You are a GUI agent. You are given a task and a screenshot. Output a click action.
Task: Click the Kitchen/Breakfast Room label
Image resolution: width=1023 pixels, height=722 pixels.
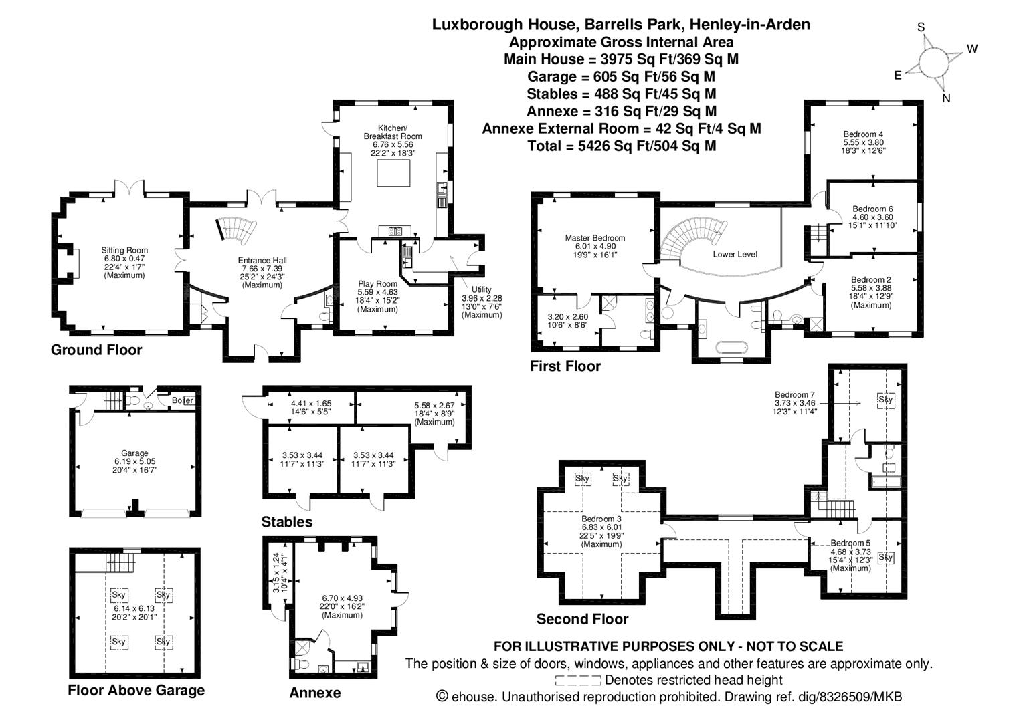click(x=393, y=132)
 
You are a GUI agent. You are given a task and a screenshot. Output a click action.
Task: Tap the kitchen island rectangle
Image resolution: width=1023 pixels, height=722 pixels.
click(x=393, y=173)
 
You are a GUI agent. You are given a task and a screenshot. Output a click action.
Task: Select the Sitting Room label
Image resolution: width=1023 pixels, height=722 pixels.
click(x=124, y=250)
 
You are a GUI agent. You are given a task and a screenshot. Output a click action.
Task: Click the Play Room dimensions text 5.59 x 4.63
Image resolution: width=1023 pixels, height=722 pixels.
click(x=378, y=292)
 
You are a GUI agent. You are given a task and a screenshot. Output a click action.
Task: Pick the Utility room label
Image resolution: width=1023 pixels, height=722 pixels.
click(x=481, y=289)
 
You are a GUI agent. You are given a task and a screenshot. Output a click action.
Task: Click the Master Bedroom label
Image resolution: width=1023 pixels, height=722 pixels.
click(x=595, y=238)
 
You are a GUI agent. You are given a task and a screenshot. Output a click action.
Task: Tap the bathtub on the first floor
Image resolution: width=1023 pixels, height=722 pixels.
click(x=732, y=348)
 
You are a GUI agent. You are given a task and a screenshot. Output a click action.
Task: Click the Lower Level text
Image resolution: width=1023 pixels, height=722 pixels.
click(x=735, y=254)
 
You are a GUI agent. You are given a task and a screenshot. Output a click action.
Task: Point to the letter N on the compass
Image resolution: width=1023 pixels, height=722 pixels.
click(x=946, y=98)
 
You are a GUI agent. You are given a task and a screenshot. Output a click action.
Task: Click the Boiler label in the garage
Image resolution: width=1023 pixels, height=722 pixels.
click(x=183, y=400)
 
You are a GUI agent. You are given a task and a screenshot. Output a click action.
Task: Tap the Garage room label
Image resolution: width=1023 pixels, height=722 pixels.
click(x=134, y=453)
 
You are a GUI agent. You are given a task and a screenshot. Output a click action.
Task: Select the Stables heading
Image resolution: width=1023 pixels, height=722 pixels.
click(x=287, y=521)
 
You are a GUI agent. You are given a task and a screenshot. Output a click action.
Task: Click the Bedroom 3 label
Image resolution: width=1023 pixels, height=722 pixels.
click(x=601, y=519)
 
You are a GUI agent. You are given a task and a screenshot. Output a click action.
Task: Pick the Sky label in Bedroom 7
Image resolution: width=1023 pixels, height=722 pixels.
click(x=886, y=399)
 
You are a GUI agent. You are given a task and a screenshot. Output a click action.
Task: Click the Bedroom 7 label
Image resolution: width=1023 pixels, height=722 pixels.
click(x=795, y=395)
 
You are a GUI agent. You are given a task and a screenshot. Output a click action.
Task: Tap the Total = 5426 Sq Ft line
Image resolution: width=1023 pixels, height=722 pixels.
click(x=622, y=146)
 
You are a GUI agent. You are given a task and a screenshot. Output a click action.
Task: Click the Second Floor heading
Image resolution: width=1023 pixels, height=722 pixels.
click(x=582, y=619)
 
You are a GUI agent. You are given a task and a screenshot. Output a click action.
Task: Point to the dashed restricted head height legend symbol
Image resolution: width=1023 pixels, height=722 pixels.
click(x=577, y=681)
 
